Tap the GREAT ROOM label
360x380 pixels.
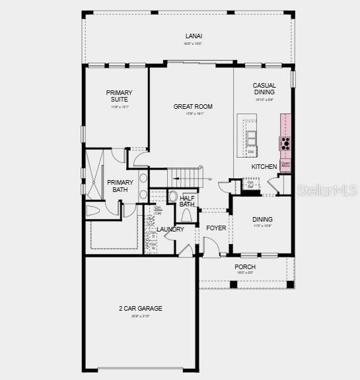pos(193,106)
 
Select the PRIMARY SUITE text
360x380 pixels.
pos(120,96)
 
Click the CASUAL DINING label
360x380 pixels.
pos(264,88)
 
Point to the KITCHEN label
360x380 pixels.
pos(264,167)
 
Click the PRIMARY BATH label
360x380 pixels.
pos(120,186)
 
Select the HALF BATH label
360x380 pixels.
pos(187,201)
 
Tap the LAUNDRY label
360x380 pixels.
pos(170,229)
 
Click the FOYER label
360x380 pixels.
pos(216,228)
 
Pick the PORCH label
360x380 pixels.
pos(245,267)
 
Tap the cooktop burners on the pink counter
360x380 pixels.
pos(285,142)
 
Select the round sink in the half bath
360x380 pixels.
pos(174,197)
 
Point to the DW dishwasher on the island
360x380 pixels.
pos(251,152)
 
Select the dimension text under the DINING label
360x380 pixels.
pos(262,226)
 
